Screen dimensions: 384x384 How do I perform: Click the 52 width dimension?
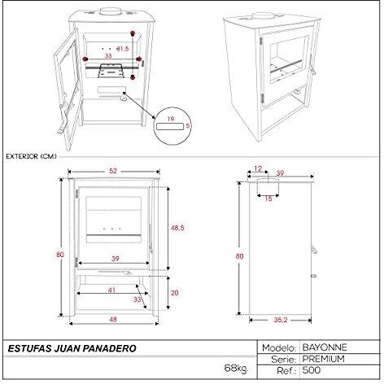113,171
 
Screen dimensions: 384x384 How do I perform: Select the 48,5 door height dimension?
177,228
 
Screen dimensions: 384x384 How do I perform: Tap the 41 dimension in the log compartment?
111,290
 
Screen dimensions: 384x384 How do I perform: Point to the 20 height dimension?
175,293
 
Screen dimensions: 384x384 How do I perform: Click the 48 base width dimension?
113,319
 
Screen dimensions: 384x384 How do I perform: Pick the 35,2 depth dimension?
281,320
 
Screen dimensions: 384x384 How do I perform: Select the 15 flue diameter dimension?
268,199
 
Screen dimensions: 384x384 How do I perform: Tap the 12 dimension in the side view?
258,168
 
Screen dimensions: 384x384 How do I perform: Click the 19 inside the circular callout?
171,119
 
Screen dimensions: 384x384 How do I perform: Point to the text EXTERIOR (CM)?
32,156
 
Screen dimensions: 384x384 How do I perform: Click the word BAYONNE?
325,347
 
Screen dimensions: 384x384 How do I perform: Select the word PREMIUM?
324,359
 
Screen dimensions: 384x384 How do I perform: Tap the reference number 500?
312,370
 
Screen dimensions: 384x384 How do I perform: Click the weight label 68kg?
236,369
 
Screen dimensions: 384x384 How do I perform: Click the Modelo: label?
279,347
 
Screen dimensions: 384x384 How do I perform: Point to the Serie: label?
284,360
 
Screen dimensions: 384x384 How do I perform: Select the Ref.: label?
286,371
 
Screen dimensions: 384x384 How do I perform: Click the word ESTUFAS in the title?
29,348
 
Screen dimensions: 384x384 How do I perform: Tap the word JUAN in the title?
67,348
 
